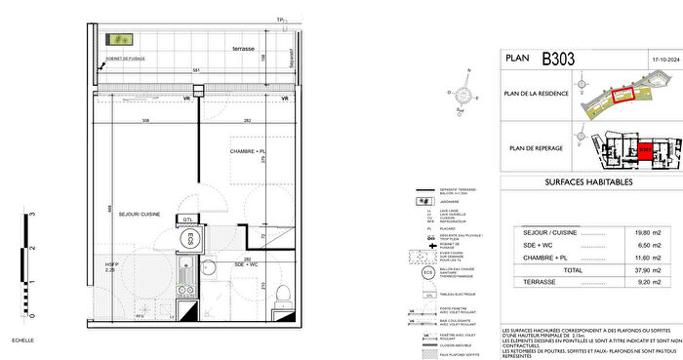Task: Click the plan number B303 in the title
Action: tap(559, 59)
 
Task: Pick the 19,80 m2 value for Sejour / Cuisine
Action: tap(641, 232)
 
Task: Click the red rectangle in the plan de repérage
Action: tap(645, 152)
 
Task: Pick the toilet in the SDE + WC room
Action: tap(281, 296)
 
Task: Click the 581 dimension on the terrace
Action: tap(196, 70)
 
